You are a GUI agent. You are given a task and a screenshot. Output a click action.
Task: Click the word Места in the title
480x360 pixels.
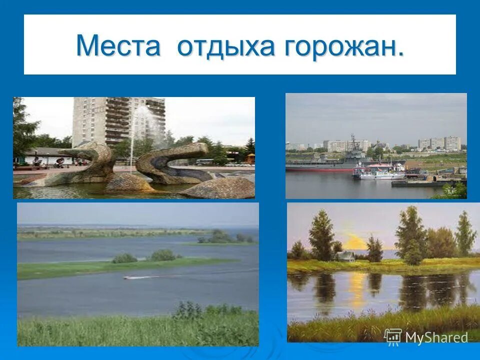(x=118, y=46)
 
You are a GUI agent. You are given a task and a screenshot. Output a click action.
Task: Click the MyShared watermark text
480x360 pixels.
(x=436, y=338)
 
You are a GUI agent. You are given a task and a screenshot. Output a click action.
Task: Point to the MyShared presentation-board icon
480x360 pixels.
(x=393, y=336)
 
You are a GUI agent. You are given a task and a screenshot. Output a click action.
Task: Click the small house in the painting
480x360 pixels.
(x=345, y=256)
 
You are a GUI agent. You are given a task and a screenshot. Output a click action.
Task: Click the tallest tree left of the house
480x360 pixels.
(x=321, y=235)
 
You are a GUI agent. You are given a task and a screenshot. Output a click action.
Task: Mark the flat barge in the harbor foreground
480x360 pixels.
(x=417, y=182)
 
